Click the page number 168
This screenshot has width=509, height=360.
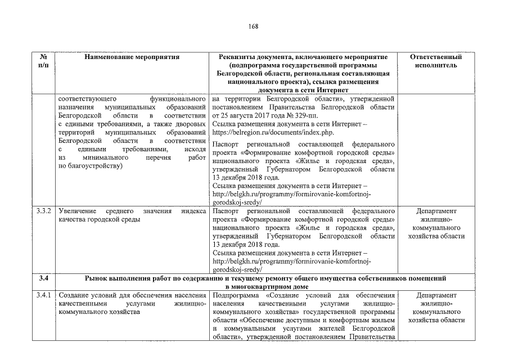[254, 28]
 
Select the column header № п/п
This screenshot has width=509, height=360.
[44, 61]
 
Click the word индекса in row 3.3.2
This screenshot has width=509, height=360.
[193, 211]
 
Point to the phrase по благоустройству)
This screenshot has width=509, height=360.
[90, 166]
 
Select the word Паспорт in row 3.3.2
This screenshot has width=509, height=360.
[226, 211]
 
